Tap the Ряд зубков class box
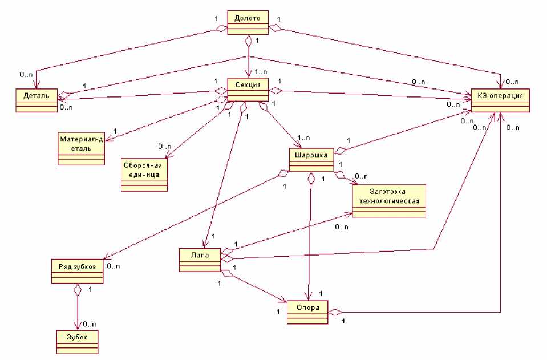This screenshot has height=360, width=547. tap(77, 272)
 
